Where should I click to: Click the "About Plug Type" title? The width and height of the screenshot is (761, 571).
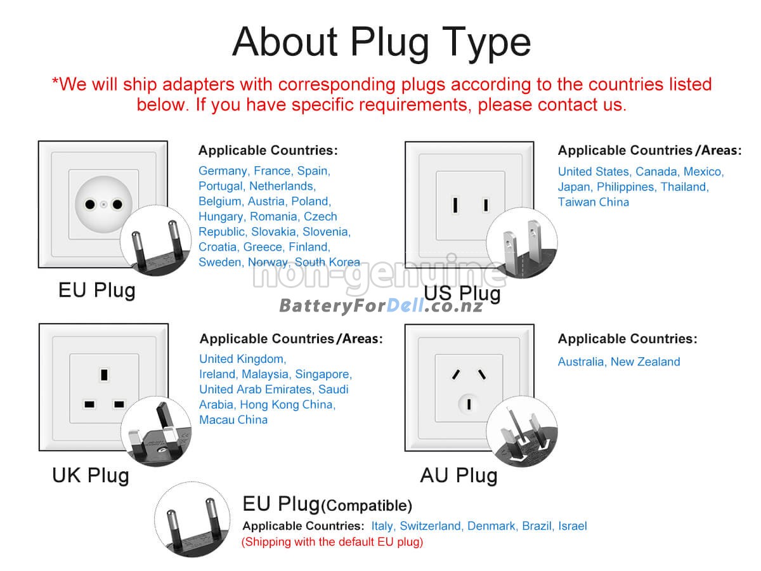click(x=381, y=43)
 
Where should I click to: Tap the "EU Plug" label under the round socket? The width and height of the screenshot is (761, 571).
click(x=97, y=291)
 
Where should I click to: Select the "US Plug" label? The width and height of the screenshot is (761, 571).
click(x=462, y=294)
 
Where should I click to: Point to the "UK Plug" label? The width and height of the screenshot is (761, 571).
click(x=91, y=475)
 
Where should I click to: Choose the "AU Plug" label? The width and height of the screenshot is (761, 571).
click(x=459, y=475)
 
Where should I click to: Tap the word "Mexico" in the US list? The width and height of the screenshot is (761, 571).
click(x=703, y=171)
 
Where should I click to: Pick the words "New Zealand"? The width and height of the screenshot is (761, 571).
click(x=645, y=362)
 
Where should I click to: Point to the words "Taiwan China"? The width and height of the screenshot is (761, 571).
click(x=593, y=202)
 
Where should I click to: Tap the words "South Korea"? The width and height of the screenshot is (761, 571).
click(x=327, y=262)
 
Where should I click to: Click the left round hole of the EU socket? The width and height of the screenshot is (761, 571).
click(x=90, y=204)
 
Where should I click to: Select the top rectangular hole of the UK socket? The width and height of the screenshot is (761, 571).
click(x=104, y=375)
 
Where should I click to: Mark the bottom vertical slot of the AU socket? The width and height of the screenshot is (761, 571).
click(x=469, y=404)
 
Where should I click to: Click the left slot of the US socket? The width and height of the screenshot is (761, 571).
click(x=455, y=204)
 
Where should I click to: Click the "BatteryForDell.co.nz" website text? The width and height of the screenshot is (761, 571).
click(x=380, y=306)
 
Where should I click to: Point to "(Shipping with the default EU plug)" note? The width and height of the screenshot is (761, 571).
click(x=332, y=542)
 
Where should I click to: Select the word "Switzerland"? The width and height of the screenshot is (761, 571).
click(x=430, y=526)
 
